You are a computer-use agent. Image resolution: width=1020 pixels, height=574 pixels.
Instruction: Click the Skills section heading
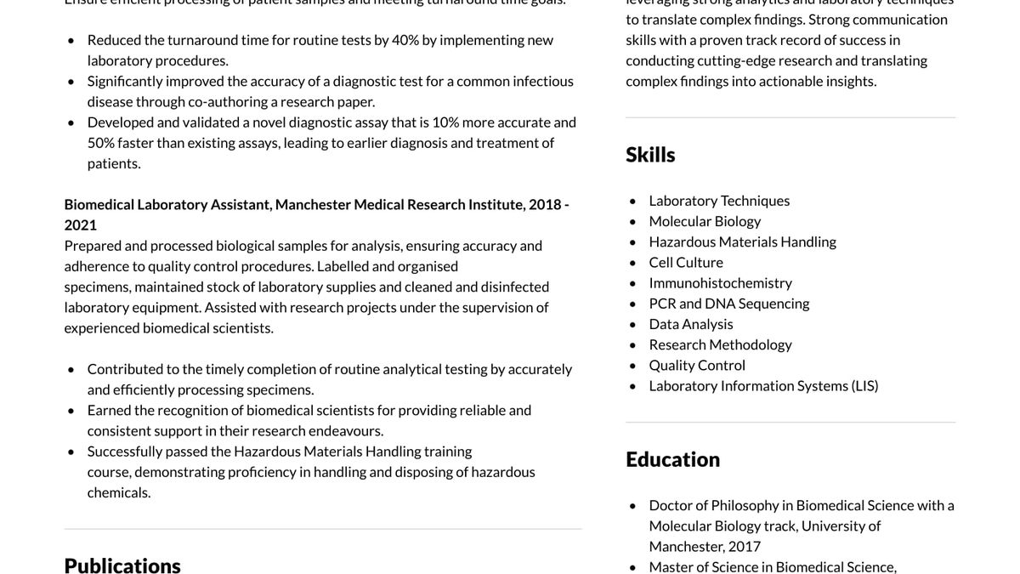[x=650, y=155]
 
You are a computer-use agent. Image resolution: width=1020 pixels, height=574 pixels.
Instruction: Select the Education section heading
[x=672, y=459]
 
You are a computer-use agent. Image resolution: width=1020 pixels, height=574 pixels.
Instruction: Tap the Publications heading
[x=122, y=565]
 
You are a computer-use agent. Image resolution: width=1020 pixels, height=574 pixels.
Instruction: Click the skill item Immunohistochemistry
[x=720, y=282]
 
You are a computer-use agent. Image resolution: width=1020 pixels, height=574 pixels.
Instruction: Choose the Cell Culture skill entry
[x=686, y=262]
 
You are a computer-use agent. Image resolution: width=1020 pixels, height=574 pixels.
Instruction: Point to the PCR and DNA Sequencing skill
[x=728, y=303]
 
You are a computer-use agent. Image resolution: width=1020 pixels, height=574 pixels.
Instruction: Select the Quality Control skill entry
[x=697, y=365]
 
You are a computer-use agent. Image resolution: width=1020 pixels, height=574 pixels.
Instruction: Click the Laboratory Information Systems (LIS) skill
[x=763, y=385]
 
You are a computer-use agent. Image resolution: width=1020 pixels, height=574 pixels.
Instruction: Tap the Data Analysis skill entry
[x=690, y=324]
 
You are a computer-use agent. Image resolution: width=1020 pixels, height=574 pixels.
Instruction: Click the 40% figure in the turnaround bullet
[x=405, y=40]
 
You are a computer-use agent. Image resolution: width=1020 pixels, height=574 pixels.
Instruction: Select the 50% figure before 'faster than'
[x=100, y=143]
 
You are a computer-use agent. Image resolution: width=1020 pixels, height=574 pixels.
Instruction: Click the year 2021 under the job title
[x=81, y=224]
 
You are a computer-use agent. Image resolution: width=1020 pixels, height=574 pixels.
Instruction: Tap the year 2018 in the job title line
[x=545, y=204]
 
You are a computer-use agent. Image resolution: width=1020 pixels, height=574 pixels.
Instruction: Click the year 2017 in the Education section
[x=745, y=546]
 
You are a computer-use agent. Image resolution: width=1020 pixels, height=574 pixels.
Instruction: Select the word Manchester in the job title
[x=313, y=204]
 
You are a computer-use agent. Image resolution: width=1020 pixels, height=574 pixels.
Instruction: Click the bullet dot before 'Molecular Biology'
[x=632, y=222]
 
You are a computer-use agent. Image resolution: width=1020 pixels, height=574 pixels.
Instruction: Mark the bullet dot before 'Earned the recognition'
[x=71, y=411]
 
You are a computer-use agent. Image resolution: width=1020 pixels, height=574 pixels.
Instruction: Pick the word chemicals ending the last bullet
[x=119, y=492]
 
